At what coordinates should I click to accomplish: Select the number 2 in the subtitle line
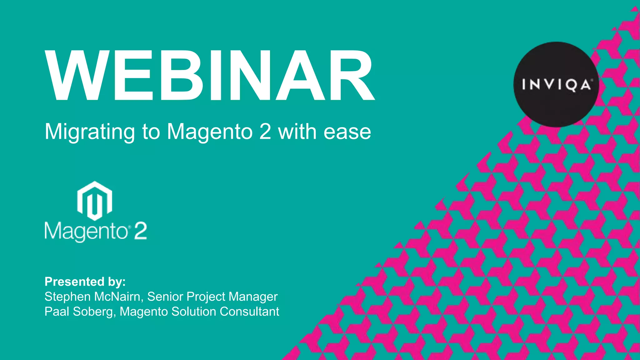tap(265, 132)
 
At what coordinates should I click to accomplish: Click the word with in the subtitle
tap(297, 132)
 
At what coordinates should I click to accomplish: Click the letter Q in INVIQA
tap(571, 85)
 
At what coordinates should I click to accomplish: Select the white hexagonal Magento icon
tap(95, 201)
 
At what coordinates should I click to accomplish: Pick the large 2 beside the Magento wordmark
tap(140, 231)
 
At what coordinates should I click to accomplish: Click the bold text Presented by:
tap(85, 282)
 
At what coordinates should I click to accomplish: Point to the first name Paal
tap(57, 312)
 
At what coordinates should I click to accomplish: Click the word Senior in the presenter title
tap(165, 297)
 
